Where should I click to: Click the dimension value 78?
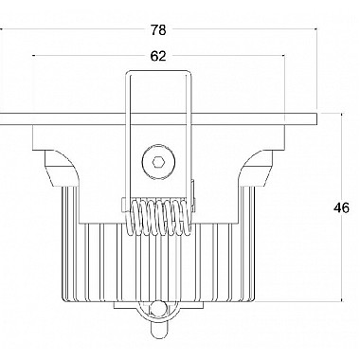pyautogui.click(x=158, y=30)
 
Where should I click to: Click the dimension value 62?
pyautogui.click(x=158, y=56)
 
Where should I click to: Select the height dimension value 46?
pyautogui.click(x=341, y=208)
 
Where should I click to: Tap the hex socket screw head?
pyautogui.click(x=158, y=163)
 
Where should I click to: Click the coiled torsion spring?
pyautogui.click(x=159, y=217)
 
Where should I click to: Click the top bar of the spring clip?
pyautogui.click(x=159, y=72)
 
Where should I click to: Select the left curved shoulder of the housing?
pyautogui.click(x=61, y=168)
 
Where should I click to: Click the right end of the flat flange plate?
pyautogui.click(x=316, y=118)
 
